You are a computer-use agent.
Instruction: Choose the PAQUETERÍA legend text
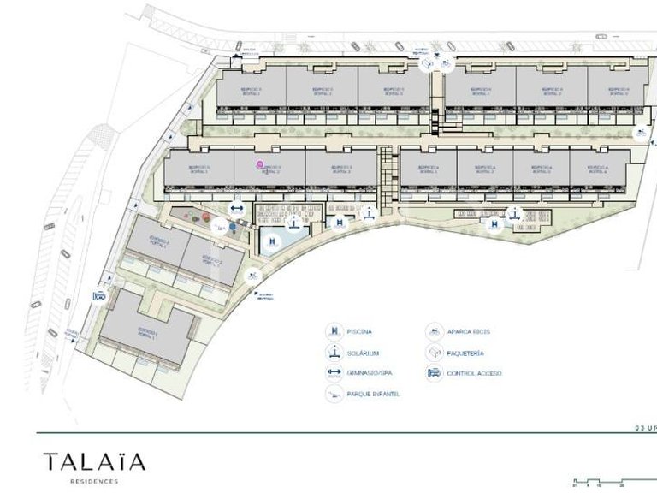465,353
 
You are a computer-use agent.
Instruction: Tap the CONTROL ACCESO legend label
474,373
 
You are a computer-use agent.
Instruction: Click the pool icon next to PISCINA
332,331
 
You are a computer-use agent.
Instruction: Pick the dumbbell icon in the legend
332,373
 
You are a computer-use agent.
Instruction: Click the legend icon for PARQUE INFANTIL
332,394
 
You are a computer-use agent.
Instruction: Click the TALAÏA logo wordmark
94,463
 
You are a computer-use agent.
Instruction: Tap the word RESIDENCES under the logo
94,482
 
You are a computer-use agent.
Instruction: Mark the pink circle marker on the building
260,163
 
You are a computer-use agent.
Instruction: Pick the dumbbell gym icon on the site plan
237,208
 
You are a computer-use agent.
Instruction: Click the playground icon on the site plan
219,227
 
